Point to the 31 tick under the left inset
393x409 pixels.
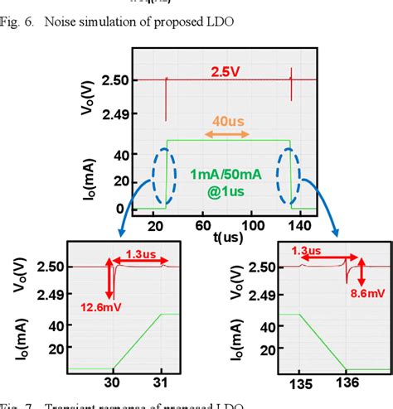click(x=163, y=383)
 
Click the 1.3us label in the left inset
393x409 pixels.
click(x=138, y=253)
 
